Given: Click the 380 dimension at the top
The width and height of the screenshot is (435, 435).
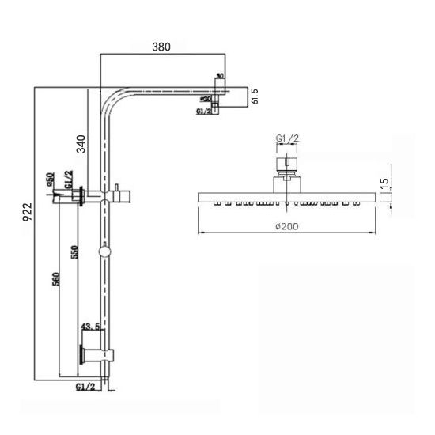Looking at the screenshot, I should coord(161,47).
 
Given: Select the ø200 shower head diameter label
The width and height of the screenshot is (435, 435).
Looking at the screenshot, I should coord(286,227).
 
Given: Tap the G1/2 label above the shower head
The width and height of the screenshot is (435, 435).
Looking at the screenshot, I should coord(287,139).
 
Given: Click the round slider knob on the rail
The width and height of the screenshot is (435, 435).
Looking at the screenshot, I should coord(104,252).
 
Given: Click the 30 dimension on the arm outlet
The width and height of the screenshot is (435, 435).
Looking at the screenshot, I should coord(219,77).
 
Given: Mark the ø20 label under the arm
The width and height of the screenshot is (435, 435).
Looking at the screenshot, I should coord(206,100).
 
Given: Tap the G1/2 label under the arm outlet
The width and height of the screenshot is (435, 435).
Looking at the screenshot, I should coord(204,112).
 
